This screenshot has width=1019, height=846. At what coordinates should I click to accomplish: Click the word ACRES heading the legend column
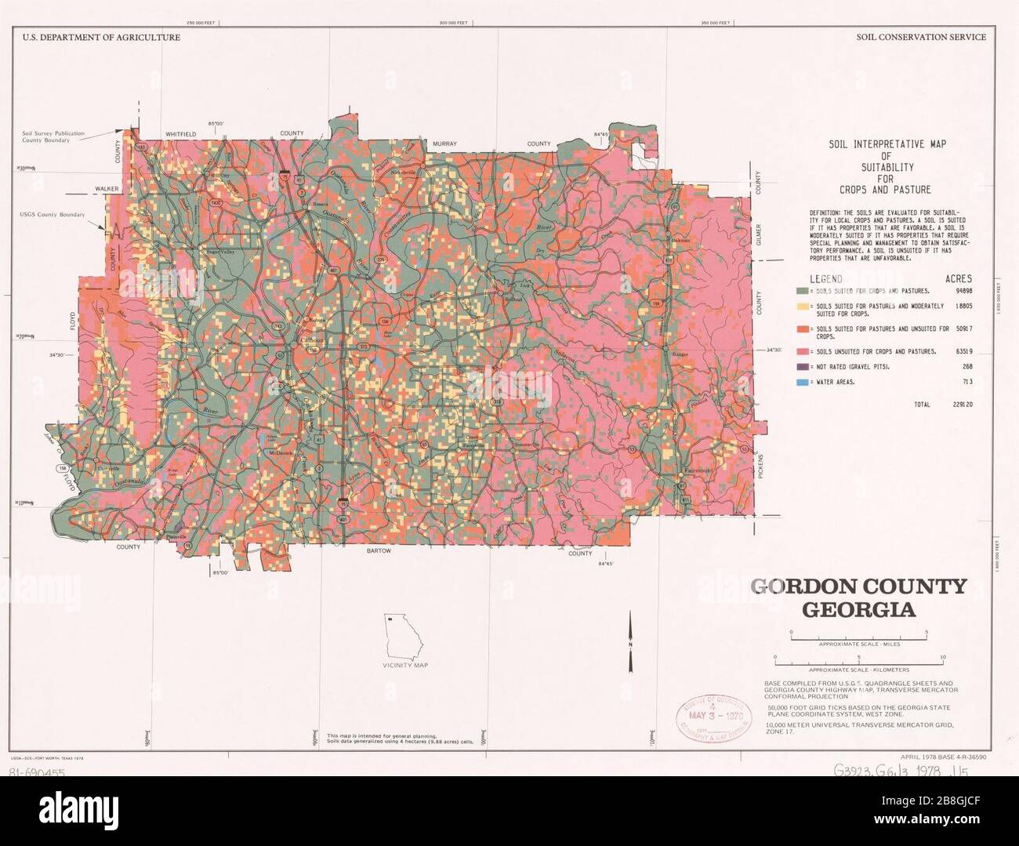958,278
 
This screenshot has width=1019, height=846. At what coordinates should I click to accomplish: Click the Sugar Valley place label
219,252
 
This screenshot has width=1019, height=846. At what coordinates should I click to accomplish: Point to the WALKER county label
106,189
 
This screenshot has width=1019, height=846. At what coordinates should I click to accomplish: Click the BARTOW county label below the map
379,550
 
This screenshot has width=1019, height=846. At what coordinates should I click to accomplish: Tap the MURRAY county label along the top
444,143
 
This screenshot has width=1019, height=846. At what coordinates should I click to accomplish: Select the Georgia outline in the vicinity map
404,634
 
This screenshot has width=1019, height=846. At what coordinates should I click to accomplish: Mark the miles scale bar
859,638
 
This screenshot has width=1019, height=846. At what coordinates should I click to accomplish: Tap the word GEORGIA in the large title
858,610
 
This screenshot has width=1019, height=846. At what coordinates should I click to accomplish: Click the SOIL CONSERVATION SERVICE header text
921,37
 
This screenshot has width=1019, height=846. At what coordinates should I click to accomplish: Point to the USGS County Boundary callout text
52,214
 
